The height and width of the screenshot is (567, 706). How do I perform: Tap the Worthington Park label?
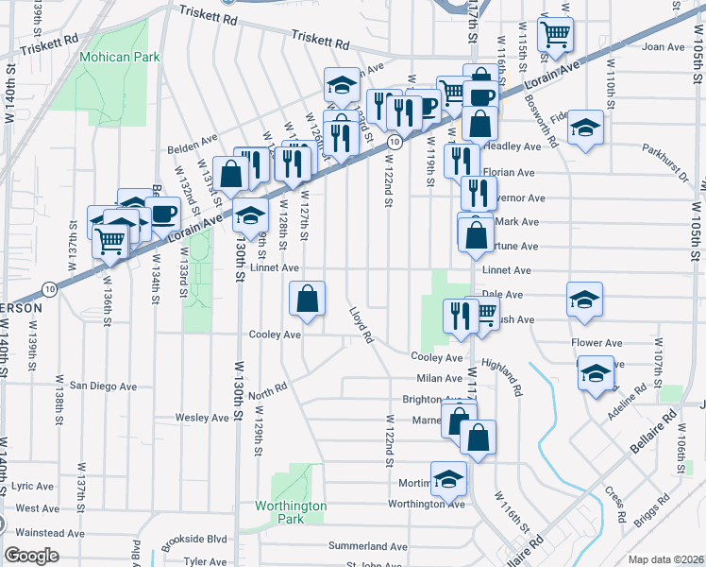pyautogui.click(x=291, y=512)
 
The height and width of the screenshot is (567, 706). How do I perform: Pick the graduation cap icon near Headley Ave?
pyautogui.click(x=585, y=128)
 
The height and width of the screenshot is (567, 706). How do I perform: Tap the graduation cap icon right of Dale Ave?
pyautogui.click(x=584, y=298)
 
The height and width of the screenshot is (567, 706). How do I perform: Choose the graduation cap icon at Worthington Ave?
pyautogui.click(x=448, y=477)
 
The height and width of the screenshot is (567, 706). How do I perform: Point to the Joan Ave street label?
pyautogui.click(x=662, y=46)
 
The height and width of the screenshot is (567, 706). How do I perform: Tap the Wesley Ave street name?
pyautogui.click(x=203, y=417)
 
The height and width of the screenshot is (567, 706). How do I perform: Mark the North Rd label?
pyautogui.click(x=267, y=390)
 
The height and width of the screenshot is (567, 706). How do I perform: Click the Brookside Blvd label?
pyautogui.click(x=195, y=539)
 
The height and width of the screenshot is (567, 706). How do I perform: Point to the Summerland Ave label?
pyautogui.click(x=367, y=546)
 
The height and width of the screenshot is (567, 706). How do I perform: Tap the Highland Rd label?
pyautogui.click(x=501, y=375)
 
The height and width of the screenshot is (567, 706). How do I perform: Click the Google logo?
pyautogui.click(x=31, y=555)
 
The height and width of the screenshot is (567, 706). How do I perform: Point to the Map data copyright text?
pyautogui.click(x=665, y=559)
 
